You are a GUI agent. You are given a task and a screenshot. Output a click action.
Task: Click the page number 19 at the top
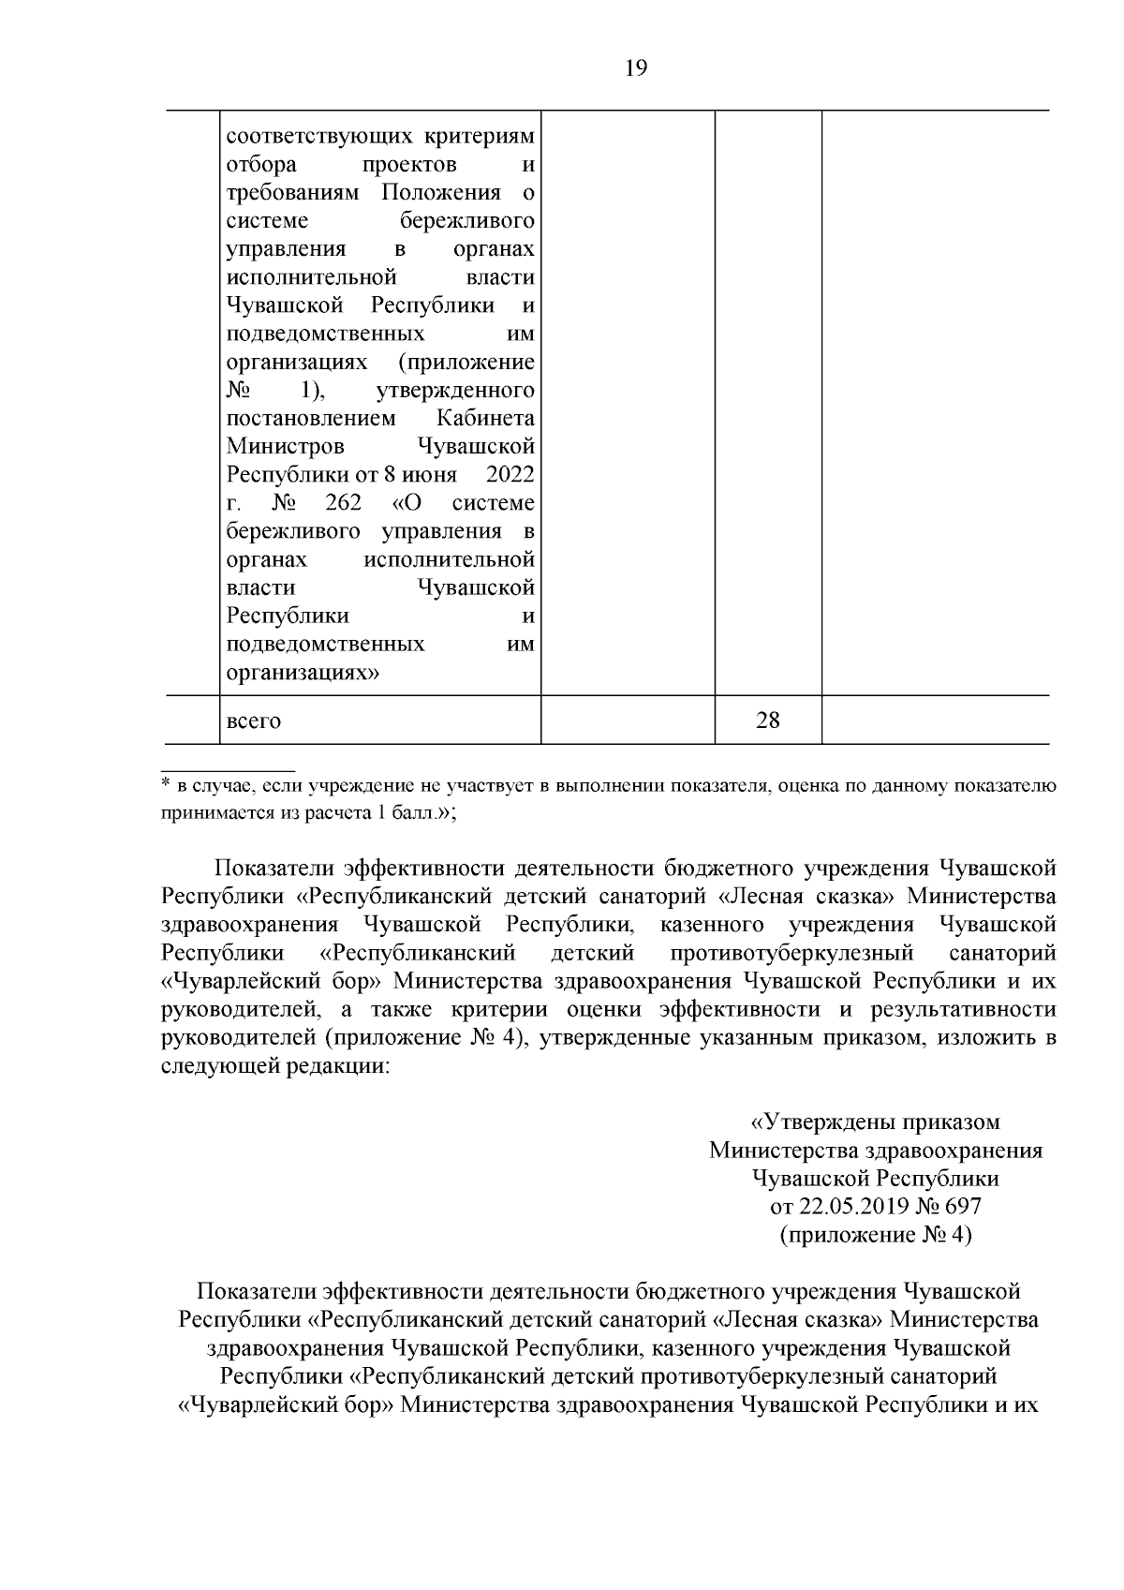(635, 68)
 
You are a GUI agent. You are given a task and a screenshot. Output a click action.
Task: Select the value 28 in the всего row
(767, 721)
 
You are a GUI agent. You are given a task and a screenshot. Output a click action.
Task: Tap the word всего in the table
(254, 721)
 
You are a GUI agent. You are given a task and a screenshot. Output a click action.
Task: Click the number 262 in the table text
(343, 503)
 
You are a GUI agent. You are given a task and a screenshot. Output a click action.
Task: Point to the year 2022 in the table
(510, 475)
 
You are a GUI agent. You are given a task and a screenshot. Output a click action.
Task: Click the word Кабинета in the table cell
(486, 418)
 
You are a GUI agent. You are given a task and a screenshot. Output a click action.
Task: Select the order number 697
(963, 1207)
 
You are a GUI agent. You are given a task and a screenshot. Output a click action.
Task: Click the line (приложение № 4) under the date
(876, 1235)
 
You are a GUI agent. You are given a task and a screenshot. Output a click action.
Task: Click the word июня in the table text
(431, 475)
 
